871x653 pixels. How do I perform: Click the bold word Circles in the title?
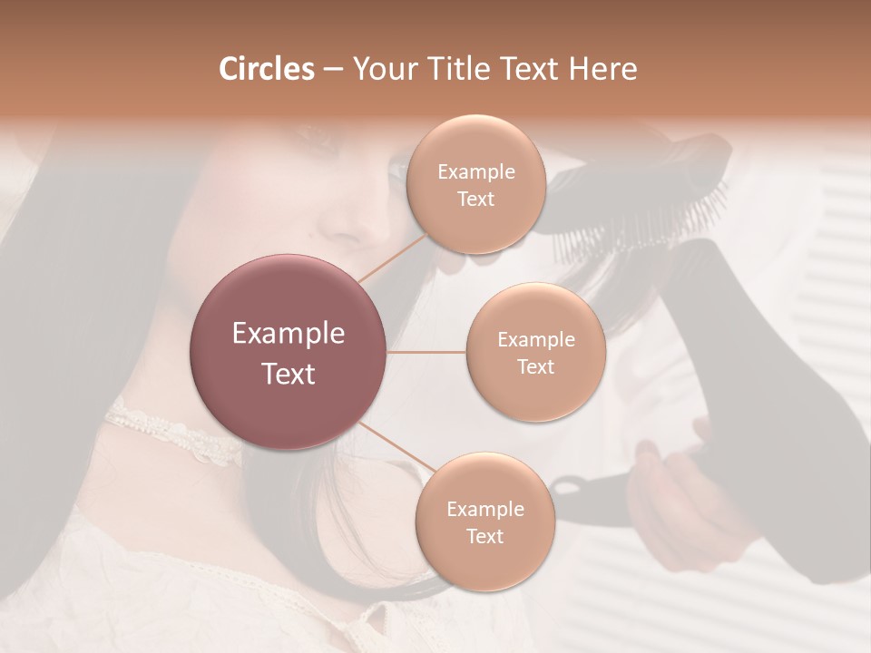266,69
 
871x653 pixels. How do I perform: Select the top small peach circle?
475,185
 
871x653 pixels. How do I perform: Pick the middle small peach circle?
535,352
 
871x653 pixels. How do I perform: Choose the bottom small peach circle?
484,521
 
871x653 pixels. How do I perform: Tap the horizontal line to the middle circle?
426,352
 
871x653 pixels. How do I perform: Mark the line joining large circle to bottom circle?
396,446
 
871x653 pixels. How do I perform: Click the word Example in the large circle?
289,334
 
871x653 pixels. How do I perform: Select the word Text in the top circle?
475,199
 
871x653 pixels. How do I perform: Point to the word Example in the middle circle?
535,339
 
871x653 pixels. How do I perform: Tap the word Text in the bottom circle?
484,536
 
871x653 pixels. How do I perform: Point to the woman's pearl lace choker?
172,433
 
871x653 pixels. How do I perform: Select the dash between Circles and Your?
332,70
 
